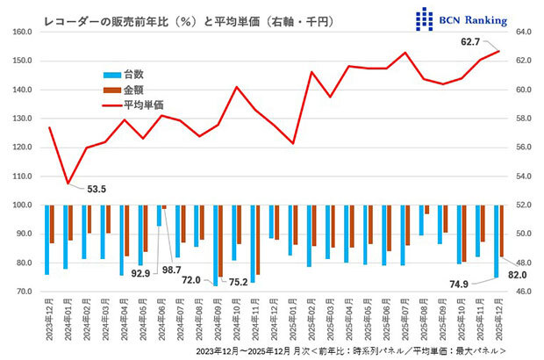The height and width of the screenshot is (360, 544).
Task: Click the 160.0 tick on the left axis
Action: tap(21, 32)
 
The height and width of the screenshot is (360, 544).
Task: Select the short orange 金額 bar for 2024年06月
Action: tap(163, 207)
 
